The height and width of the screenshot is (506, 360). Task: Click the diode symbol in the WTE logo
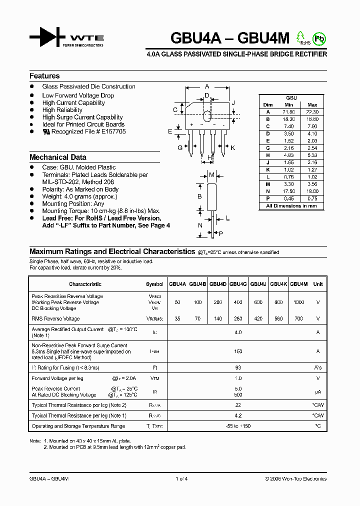point(47,37)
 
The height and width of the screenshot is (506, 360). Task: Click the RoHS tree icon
point(301,37)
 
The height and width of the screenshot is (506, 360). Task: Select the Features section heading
point(44,76)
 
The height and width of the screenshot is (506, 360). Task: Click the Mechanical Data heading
point(58,157)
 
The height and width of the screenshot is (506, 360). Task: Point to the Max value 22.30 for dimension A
point(312,112)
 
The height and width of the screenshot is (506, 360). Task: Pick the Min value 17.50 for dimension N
point(288,191)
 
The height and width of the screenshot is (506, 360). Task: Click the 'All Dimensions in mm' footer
point(291,206)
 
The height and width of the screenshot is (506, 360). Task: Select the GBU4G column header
point(238,284)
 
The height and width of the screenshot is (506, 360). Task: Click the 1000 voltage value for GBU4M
point(298,302)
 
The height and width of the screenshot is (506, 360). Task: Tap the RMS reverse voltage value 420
point(258,318)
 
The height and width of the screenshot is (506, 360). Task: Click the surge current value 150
point(238,351)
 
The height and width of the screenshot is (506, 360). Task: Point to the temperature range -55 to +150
point(238,426)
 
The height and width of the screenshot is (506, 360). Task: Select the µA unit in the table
point(317,392)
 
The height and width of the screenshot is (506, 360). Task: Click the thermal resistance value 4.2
point(238,415)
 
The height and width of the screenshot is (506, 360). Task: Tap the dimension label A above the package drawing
point(207,86)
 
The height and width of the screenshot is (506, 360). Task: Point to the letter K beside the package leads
point(233,148)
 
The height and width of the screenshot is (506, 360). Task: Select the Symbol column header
point(154,284)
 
